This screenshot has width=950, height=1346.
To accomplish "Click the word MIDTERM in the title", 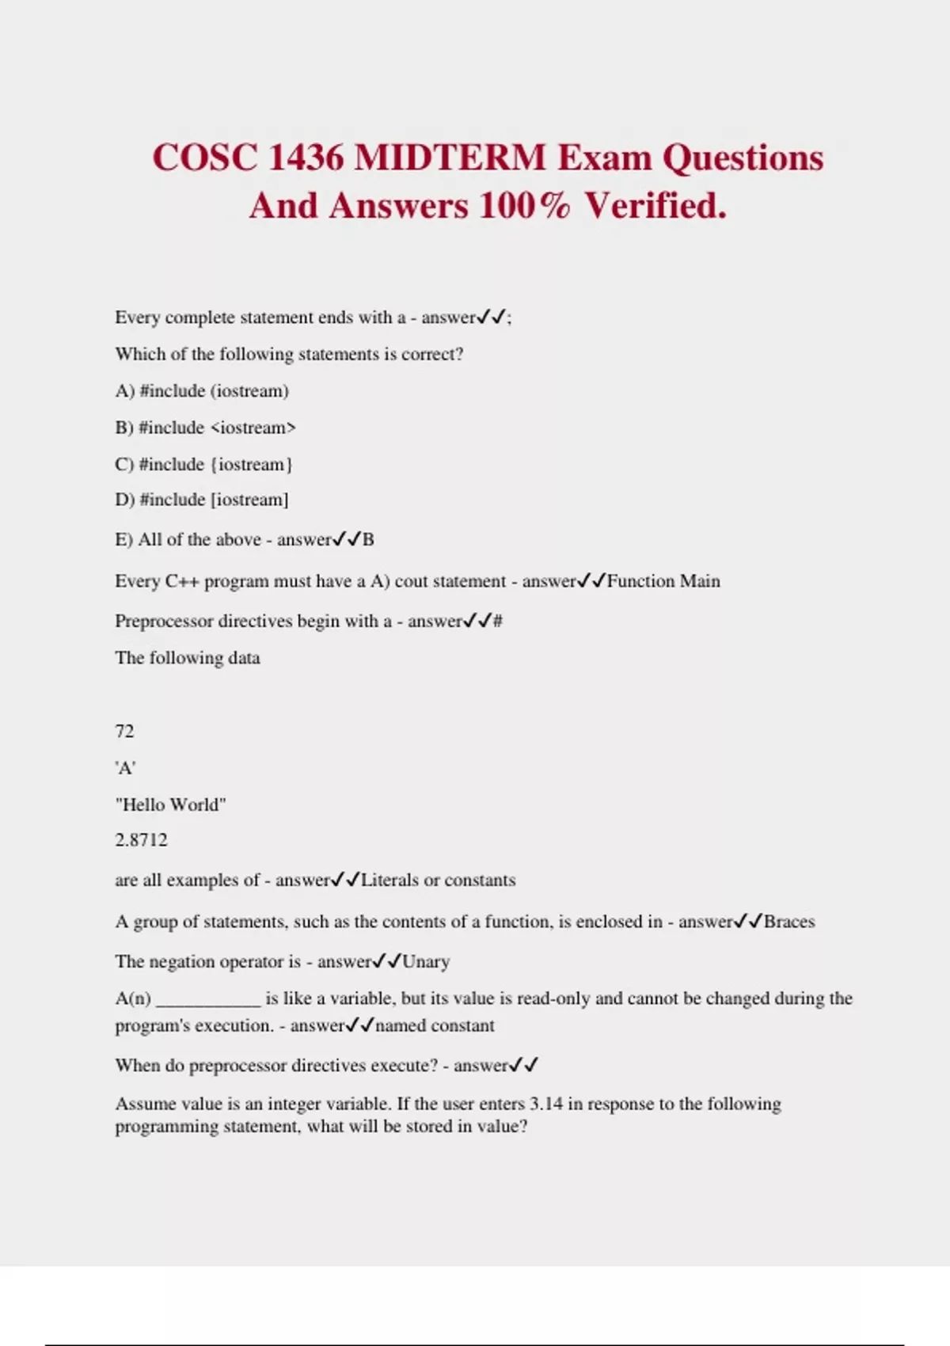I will (450, 157).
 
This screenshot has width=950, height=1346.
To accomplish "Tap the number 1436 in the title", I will (306, 157).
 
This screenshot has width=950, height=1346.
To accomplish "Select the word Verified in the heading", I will (655, 206).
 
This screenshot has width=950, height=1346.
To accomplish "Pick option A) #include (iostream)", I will (202, 390).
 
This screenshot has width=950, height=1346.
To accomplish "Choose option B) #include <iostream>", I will (205, 428).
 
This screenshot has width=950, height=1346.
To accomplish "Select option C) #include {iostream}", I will (203, 464).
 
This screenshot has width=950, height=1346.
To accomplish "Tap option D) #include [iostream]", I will (202, 500).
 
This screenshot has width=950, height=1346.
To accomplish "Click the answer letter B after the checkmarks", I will (368, 540).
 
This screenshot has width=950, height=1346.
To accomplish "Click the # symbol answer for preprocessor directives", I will (498, 622).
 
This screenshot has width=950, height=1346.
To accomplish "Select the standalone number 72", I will (124, 731).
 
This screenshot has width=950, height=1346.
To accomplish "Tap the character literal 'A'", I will (125, 767).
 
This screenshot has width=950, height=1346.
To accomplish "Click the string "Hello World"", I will (170, 804).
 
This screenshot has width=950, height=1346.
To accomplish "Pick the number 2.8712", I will (141, 840).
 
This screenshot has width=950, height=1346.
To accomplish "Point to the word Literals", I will (389, 880).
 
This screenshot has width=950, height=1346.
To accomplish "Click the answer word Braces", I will (789, 922).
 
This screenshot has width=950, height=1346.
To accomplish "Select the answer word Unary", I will (426, 962).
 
